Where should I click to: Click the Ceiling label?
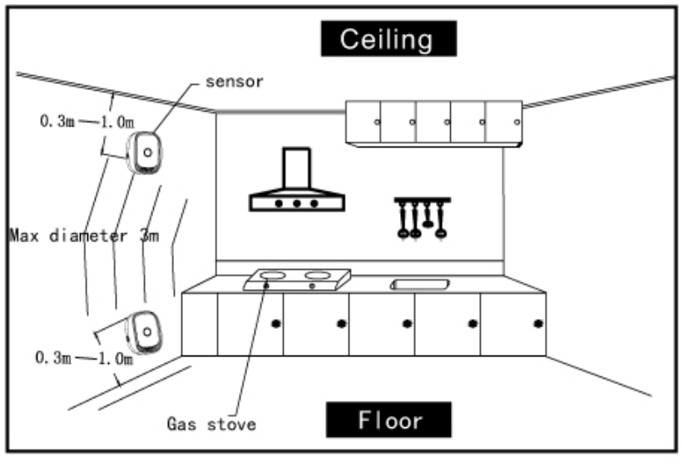point(389,38)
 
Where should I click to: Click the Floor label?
point(389,420)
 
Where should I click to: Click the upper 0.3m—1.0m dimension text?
point(86,122)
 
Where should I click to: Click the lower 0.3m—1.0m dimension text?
point(84,358)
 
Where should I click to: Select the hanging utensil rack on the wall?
point(422,217)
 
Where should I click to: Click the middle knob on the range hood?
point(296,203)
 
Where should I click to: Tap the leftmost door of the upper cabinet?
point(364,122)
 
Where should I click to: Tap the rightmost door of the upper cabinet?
point(504,122)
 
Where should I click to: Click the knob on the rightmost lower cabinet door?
point(537,322)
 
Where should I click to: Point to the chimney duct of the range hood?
point(296,169)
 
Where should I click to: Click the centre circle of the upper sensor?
point(146,153)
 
